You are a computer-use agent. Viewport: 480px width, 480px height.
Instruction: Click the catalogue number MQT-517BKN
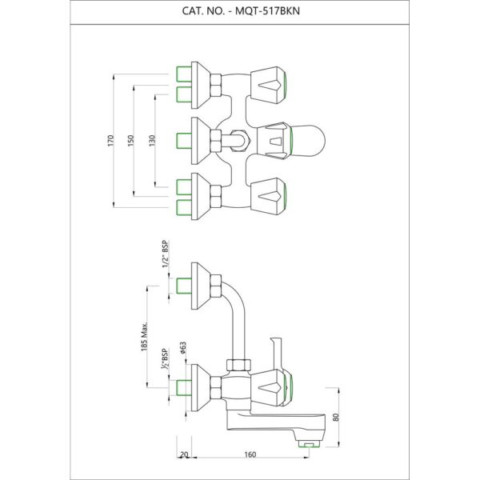239,11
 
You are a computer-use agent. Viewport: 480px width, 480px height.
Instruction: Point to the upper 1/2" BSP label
165,258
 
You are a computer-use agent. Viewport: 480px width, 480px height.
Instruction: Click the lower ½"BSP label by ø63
166,358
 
